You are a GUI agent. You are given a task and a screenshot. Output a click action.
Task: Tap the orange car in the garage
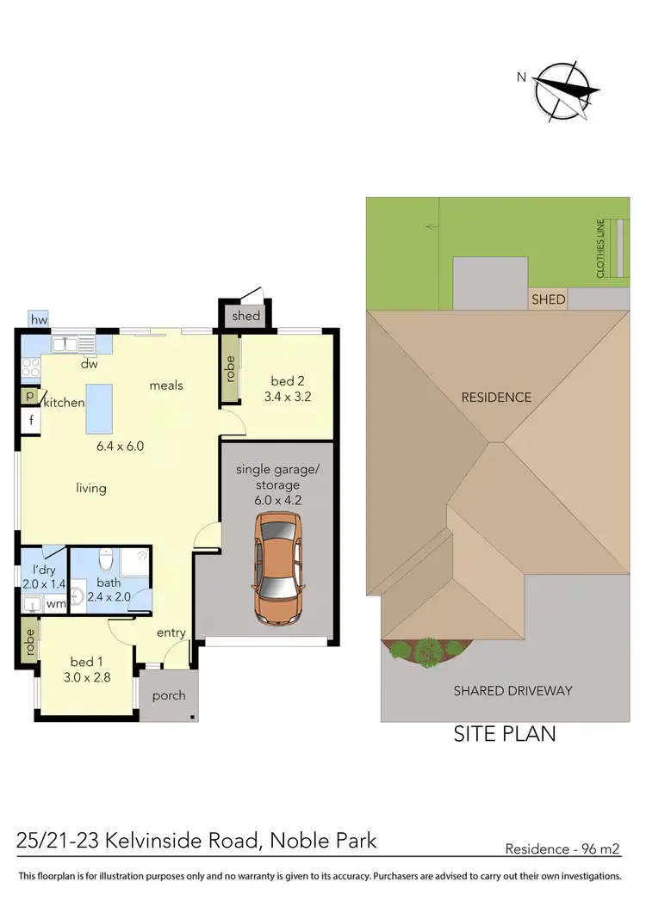[277, 569]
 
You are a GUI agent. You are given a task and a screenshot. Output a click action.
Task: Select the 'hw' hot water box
[38, 320]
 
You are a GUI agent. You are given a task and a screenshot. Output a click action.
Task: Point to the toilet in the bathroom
[105, 561]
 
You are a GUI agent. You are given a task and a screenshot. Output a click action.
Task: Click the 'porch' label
[168, 695]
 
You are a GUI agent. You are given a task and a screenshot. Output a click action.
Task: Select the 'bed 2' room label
[287, 381]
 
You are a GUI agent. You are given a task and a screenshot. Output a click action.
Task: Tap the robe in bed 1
[29, 643]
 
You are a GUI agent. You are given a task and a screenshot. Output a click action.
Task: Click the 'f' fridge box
[30, 422]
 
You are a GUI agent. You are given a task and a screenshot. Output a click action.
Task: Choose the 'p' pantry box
[29, 396]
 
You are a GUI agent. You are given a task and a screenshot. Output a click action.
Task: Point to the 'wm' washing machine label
[55, 604]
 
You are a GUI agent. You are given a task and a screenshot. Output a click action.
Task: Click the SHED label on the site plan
[549, 299]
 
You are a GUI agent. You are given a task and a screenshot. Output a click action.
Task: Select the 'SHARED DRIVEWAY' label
[512, 690]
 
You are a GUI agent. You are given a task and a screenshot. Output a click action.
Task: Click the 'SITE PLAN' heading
[505, 734]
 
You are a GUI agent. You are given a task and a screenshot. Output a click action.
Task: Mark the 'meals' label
[166, 386]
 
